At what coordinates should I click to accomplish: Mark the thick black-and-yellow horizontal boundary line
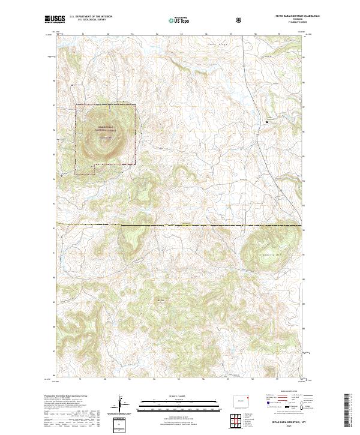(180, 225)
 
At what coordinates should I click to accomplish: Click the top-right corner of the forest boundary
(136, 106)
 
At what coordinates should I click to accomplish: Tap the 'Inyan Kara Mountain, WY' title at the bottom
(290, 422)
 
